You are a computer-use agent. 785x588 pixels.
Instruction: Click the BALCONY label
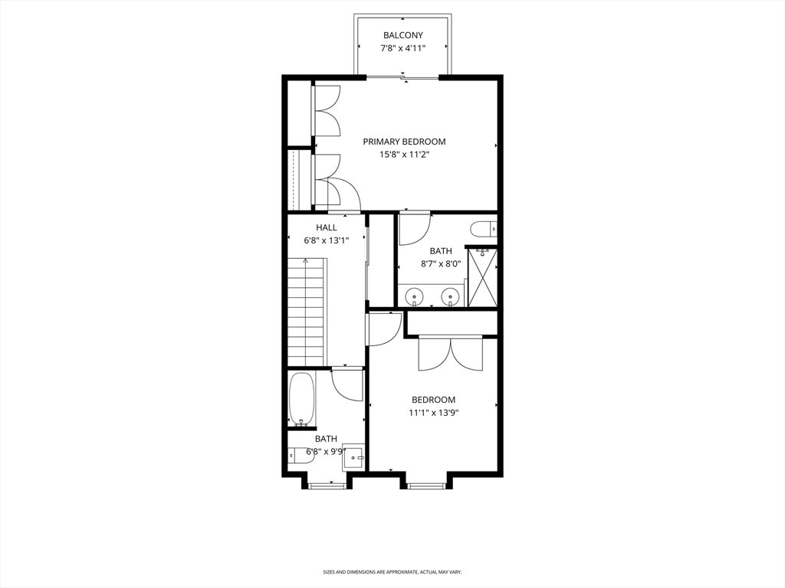(403, 35)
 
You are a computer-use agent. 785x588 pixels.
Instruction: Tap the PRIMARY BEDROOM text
(404, 142)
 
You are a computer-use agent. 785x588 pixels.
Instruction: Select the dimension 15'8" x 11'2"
(404, 155)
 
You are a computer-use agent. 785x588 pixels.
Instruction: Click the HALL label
(327, 227)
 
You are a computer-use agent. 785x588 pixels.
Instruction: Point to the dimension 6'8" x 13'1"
(327, 240)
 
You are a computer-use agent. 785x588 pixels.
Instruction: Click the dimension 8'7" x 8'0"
(441, 263)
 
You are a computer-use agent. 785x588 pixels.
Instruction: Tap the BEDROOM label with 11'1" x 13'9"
(434, 400)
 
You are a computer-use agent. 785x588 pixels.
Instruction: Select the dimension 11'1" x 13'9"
(434, 413)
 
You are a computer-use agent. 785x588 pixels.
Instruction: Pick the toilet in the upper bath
(483, 229)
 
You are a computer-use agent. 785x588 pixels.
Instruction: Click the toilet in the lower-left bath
(300, 456)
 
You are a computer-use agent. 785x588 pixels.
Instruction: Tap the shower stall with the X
(482, 277)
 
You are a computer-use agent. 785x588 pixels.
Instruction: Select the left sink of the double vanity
(415, 297)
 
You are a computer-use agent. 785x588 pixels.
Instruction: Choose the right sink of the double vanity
(451, 297)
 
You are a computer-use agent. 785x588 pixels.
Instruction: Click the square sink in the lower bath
(354, 456)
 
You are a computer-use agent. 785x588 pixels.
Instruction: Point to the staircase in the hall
(307, 312)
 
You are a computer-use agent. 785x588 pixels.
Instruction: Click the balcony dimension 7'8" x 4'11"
(403, 48)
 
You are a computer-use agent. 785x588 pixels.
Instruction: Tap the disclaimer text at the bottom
(392, 571)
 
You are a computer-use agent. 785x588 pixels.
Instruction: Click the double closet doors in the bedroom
(451, 354)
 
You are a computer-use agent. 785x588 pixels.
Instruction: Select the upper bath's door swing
(415, 229)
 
